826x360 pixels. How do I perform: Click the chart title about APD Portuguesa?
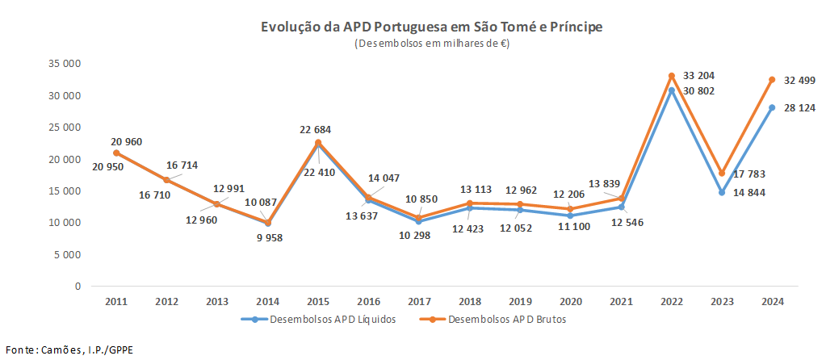431,27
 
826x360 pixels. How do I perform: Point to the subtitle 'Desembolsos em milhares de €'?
431,44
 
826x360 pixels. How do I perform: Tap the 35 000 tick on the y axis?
65,64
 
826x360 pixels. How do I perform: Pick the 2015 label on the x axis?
318,301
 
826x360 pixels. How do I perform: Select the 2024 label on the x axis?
772,301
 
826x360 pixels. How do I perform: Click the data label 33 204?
698,75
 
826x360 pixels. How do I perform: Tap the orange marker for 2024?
772,80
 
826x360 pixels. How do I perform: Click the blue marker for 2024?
772,107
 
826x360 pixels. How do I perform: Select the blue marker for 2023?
722,192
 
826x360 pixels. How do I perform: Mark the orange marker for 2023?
722,174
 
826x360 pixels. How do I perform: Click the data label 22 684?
315,129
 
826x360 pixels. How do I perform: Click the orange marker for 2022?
671,76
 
